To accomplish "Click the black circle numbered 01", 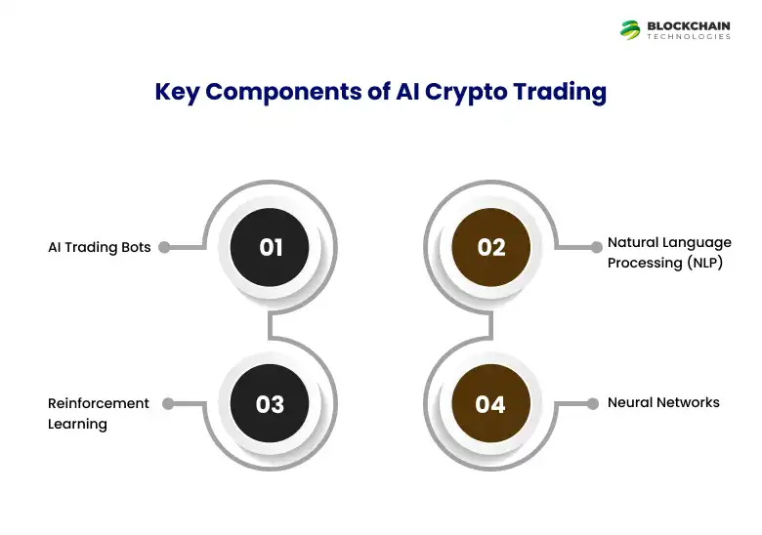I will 270,247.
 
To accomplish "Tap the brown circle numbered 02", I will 490,247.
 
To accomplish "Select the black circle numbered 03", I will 270,403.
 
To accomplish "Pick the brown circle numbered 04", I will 490,403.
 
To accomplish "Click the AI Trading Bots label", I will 100,247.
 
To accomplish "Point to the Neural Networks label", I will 663,402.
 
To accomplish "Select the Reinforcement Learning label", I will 98,413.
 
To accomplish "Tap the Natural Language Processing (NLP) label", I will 668,252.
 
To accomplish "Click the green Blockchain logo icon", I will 630,29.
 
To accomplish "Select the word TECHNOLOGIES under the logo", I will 689,37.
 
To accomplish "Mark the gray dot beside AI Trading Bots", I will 164,247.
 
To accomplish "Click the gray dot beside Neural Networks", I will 592,403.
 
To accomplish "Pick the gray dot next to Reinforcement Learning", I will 167,403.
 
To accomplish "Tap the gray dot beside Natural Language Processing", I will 592,247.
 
